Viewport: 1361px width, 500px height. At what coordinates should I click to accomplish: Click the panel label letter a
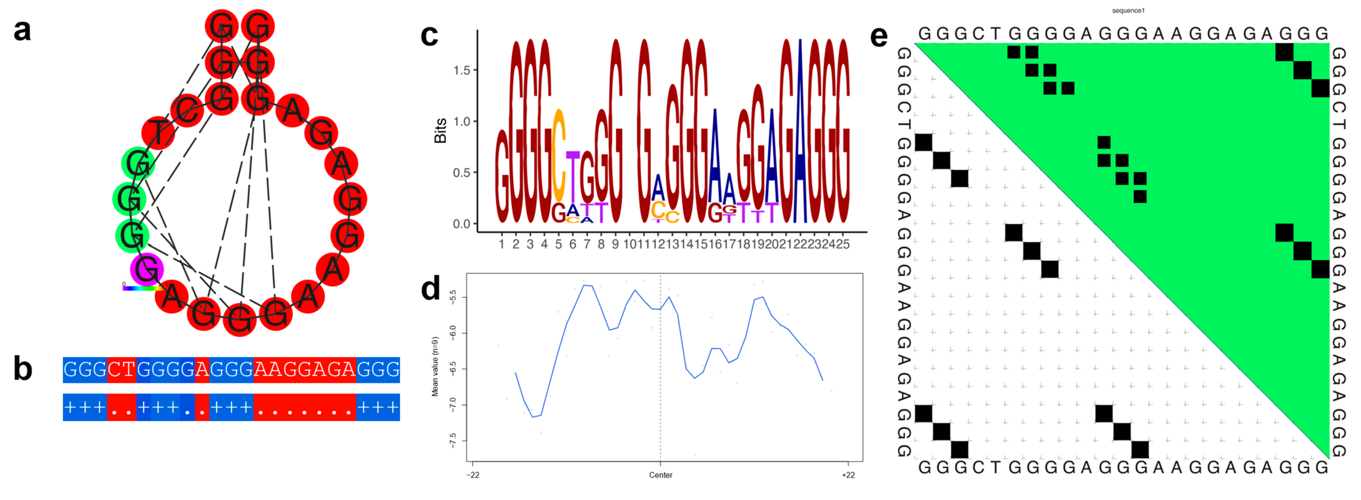click(22, 31)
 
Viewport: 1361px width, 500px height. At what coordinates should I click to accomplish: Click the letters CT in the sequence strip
click(121, 370)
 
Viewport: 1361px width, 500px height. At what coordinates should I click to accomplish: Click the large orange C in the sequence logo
click(559, 153)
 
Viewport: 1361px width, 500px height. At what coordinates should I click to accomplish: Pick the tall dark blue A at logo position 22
click(801, 132)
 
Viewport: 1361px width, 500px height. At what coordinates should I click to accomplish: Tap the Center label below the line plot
click(660, 475)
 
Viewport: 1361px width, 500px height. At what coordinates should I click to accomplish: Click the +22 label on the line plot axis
click(848, 475)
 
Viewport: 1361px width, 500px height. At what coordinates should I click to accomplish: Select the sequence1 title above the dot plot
click(1128, 11)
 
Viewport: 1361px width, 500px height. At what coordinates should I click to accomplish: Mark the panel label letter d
click(431, 289)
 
